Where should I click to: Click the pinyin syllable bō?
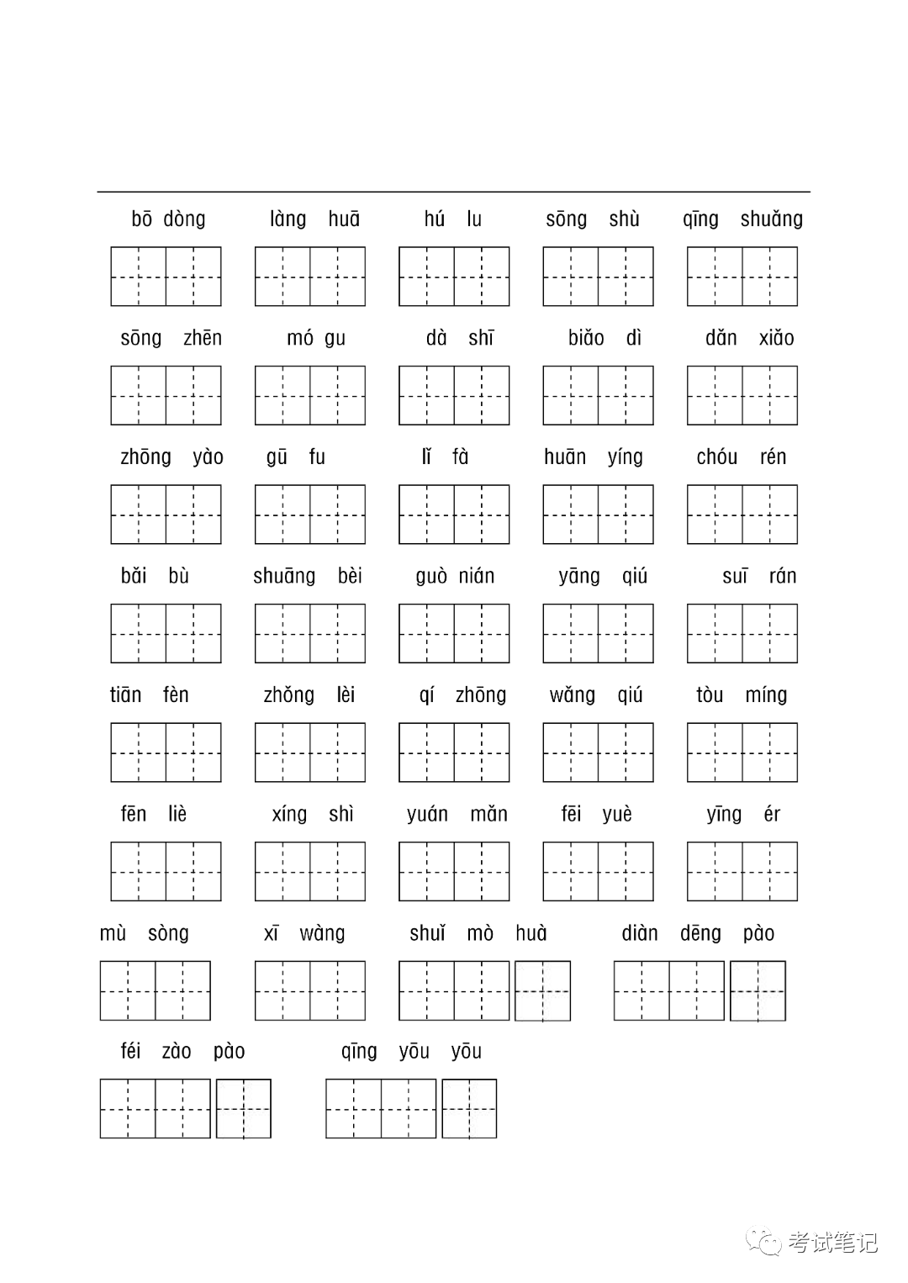pos(141,219)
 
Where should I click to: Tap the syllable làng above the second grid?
pos(288,219)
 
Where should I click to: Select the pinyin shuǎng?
pos(771,219)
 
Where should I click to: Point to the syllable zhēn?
pos(203,338)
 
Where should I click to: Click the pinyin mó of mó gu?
pos(299,338)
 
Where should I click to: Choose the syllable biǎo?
pos(586,338)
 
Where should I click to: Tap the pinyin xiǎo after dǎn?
pos(776,338)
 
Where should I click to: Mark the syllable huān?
pos(565,457)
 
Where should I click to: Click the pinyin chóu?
pos(716,457)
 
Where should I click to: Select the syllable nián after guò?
pos(477,576)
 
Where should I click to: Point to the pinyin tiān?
pos(125,694)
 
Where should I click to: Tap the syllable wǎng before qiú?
pos(572,694)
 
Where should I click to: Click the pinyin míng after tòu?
pos(766,694)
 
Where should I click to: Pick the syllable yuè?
pos(617,814)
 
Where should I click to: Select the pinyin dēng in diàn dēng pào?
pos(700,933)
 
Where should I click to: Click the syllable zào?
pos(177,1051)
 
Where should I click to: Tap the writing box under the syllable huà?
pos(542,991)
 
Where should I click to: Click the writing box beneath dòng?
pos(193,276)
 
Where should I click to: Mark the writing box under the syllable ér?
pos(769,871)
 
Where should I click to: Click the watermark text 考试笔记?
pos(832,1243)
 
